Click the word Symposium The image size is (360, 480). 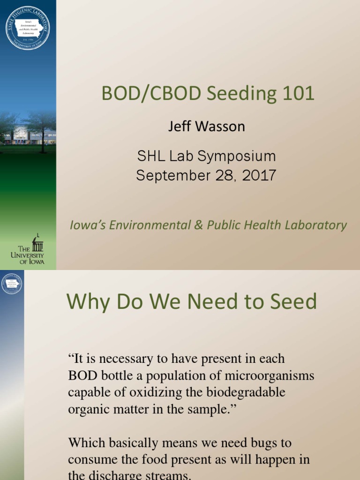pos(232,156)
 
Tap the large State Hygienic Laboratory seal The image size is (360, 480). pos(28,28)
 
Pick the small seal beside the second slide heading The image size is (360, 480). pos(12,283)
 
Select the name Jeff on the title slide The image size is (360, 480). pos(181,127)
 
